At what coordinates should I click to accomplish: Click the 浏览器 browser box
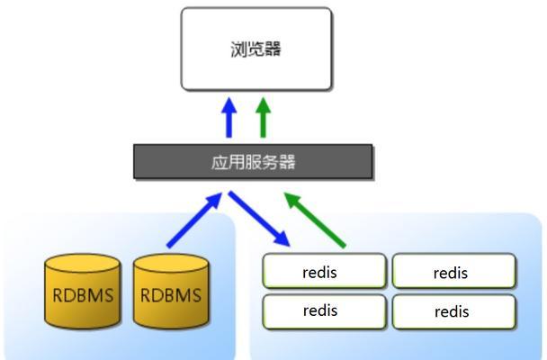point(256,49)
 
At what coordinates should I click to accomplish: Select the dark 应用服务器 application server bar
point(253,162)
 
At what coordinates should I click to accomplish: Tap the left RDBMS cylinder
point(83,292)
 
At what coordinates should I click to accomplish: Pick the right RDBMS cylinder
point(171,292)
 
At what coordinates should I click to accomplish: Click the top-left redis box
point(325,271)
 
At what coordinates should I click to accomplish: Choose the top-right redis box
point(453,271)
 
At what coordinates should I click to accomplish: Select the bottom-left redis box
point(325,312)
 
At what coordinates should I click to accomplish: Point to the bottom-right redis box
point(453,312)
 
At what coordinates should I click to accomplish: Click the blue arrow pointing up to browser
point(229,118)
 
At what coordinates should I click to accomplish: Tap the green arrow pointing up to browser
point(264,118)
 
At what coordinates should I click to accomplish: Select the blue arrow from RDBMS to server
point(194,220)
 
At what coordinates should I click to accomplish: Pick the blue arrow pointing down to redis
point(259,219)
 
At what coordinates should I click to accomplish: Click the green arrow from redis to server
point(315,220)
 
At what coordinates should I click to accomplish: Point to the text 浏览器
point(256,49)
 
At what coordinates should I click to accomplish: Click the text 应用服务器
point(254,162)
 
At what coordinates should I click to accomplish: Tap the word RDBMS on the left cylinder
point(83,295)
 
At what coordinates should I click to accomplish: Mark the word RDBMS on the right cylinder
point(171,295)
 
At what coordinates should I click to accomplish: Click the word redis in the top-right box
point(451,273)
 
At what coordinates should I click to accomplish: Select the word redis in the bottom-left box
point(320,310)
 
